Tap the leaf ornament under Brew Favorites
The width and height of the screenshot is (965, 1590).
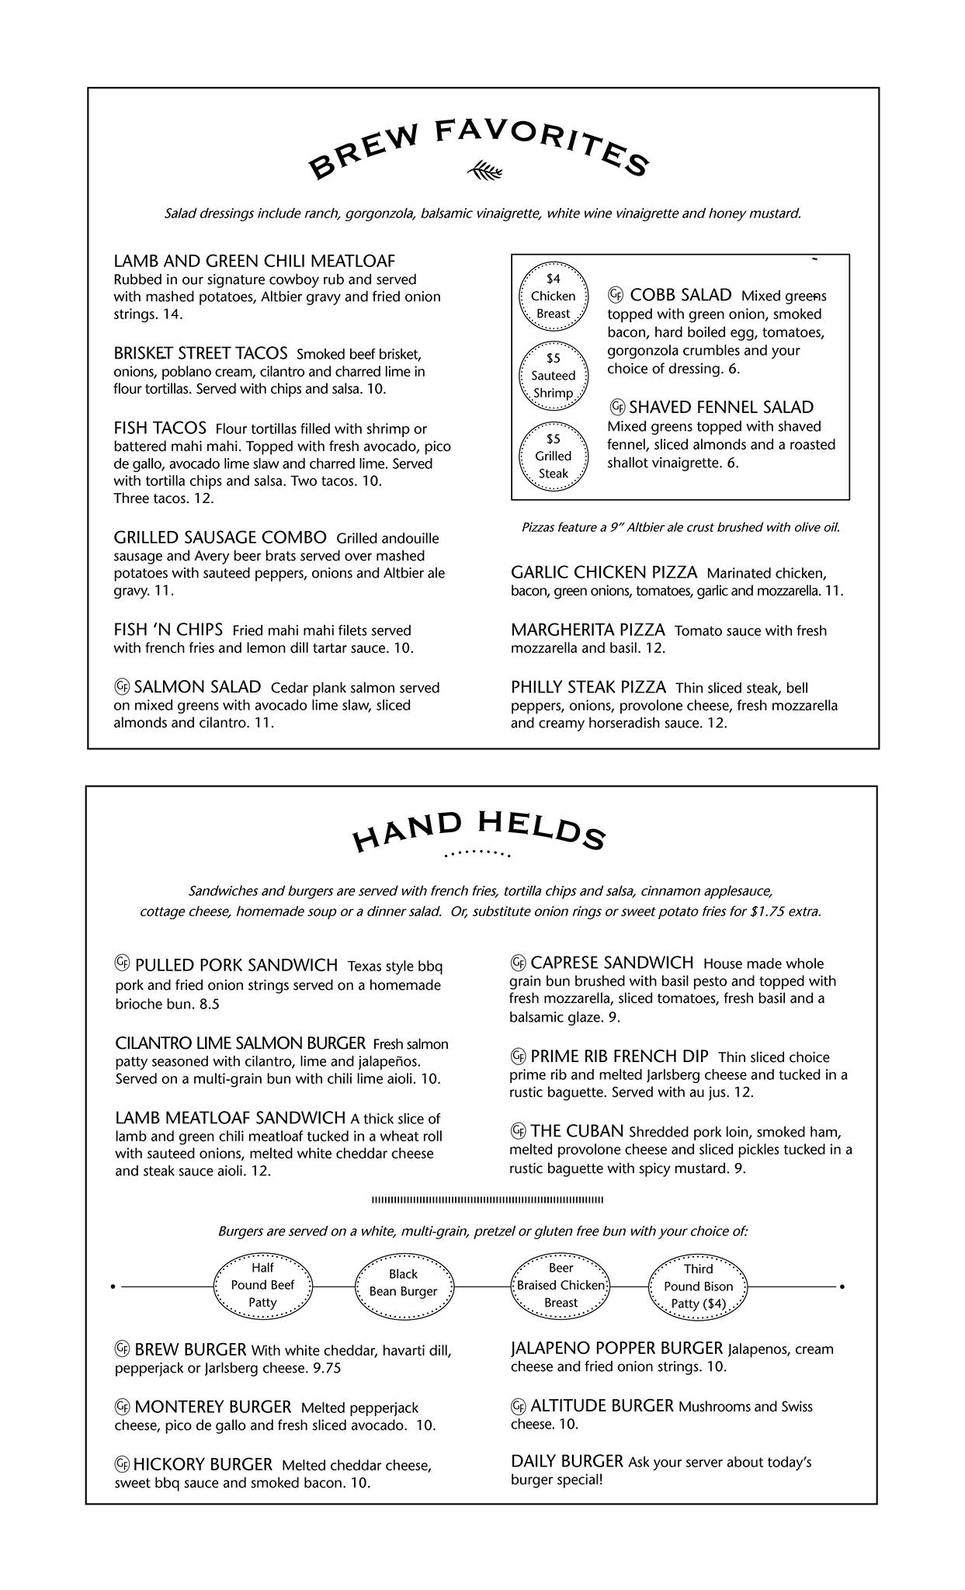[x=485, y=169]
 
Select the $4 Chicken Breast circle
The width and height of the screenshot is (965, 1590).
[x=553, y=296]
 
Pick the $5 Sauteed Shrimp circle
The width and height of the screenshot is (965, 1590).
[x=553, y=376]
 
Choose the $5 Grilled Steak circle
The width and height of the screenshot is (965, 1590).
[x=553, y=456]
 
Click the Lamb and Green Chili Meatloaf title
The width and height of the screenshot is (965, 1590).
[x=254, y=261]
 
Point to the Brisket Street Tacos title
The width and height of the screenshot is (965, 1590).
[x=200, y=353]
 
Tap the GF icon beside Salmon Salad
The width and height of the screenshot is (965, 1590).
[x=122, y=686]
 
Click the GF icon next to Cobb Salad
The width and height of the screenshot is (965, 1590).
[x=616, y=294]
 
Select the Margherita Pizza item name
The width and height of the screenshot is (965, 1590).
[x=588, y=630]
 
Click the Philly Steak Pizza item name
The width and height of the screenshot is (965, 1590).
[x=588, y=687]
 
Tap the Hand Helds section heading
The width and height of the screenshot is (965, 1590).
[x=478, y=829]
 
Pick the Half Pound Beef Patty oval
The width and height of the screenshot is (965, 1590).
[x=262, y=1285]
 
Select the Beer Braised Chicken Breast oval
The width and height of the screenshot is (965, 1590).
[x=561, y=1285]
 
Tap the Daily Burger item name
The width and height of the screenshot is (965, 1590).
[x=567, y=1461]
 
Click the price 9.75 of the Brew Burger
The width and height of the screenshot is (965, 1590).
[x=326, y=1368]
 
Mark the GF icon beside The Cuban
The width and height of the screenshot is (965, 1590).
[x=518, y=1130]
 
